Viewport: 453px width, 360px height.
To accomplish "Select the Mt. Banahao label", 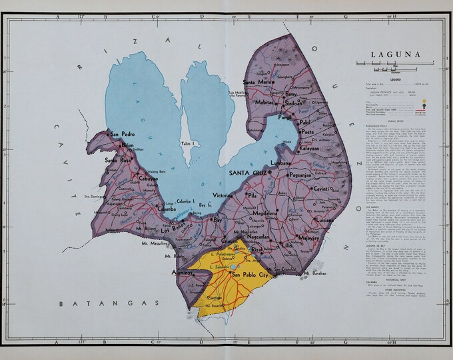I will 316,273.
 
